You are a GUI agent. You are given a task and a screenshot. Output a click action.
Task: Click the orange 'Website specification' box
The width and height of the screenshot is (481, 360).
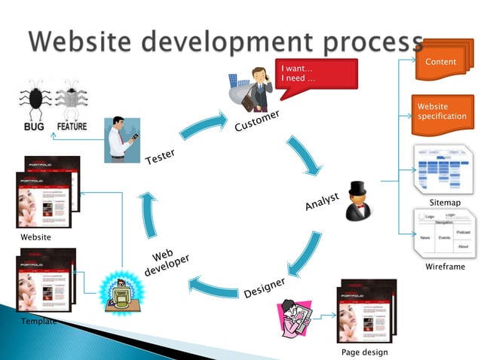tap(443, 111)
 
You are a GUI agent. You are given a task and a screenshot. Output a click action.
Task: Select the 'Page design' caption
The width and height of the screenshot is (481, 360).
tap(365, 352)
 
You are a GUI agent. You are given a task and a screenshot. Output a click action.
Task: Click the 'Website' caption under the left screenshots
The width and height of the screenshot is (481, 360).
tap(36, 237)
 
